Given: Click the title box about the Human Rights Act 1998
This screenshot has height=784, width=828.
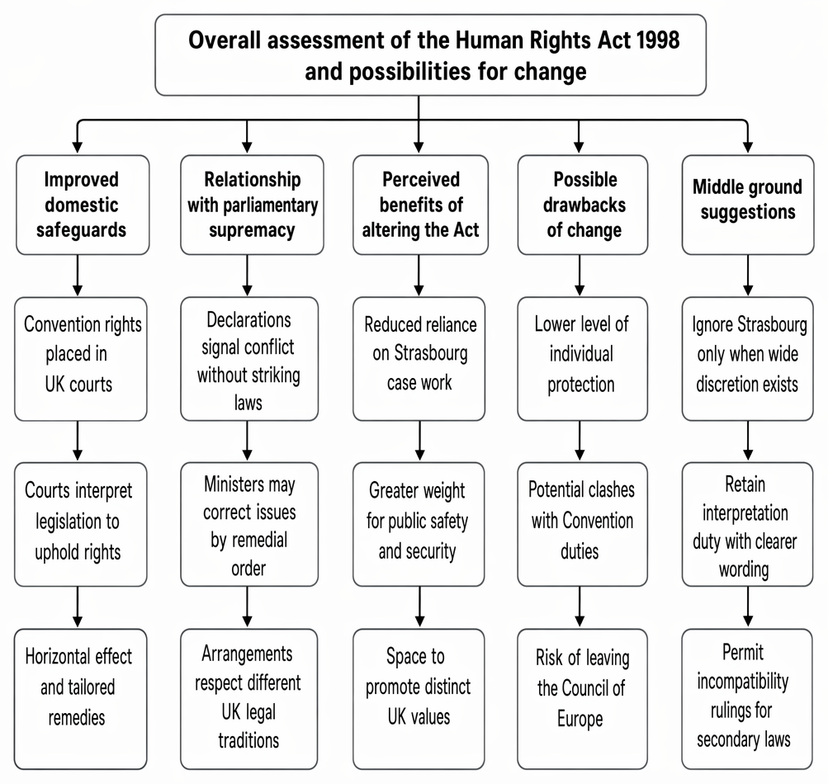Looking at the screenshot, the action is point(430,55).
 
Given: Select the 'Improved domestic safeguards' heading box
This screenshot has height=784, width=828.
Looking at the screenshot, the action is point(83,205).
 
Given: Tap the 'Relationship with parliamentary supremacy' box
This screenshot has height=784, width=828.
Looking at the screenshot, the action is point(252,205).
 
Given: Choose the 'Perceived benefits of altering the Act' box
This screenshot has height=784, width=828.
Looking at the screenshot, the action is point(420,205).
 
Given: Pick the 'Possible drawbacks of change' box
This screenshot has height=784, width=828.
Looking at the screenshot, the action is point(583,205).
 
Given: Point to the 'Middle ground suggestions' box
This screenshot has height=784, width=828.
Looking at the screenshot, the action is point(748,205).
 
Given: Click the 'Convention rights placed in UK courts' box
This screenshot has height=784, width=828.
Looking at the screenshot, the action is point(81,359).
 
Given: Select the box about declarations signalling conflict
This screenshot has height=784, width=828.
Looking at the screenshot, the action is point(249,359).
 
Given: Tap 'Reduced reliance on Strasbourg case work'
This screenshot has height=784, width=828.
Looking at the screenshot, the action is point(419,359).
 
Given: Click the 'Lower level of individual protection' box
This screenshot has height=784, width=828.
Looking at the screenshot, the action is point(583,359).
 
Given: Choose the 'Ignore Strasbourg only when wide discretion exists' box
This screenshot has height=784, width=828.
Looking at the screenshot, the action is point(748,359).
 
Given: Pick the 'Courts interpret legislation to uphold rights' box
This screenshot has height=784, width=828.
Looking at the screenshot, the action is point(81,524).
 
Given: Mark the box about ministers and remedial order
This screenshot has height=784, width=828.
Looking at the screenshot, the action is point(249,524).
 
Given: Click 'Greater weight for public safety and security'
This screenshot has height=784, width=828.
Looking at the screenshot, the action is point(419,524).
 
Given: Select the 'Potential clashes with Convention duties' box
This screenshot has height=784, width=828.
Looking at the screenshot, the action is point(583,524).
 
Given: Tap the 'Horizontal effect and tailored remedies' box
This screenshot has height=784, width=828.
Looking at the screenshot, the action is point(80,699).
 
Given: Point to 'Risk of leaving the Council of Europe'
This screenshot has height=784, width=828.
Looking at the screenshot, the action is point(583,699).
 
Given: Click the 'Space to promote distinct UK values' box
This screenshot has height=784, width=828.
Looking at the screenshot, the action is point(419,699).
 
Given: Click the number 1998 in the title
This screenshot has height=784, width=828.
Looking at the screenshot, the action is point(658,40).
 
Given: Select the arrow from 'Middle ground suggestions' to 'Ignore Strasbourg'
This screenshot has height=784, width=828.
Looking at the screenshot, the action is point(748,276).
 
